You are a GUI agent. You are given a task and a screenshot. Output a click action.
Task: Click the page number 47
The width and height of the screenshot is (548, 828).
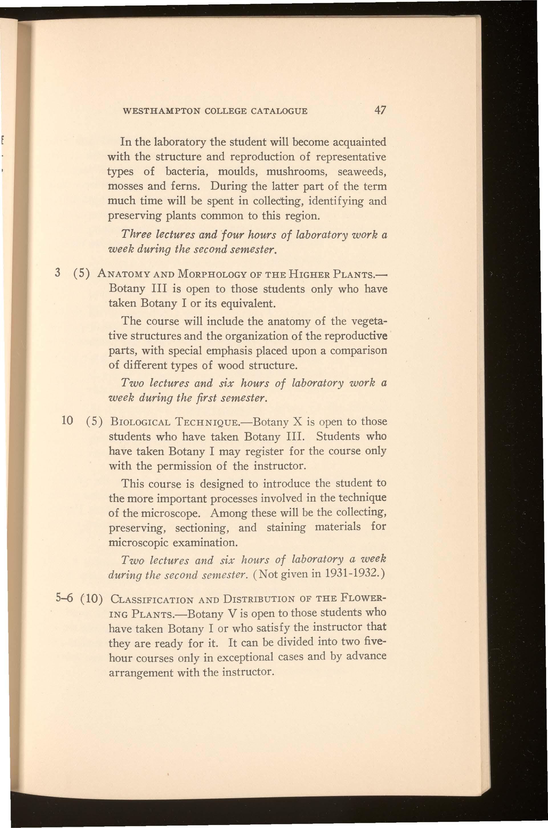(x=379, y=111)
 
